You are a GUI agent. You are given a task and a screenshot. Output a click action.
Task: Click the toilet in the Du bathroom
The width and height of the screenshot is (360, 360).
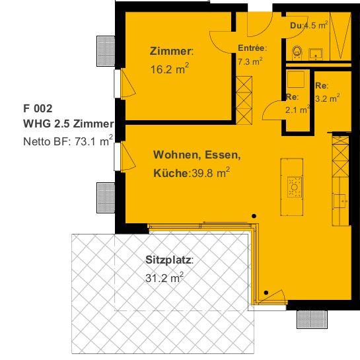[x=297, y=50]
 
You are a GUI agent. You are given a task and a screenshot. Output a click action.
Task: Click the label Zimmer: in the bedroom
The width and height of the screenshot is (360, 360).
[x=171, y=51]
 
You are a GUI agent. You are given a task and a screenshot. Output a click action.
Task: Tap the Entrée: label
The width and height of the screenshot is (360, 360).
[x=252, y=48]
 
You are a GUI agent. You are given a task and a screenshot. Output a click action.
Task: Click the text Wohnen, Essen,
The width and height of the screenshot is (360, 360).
[x=197, y=155]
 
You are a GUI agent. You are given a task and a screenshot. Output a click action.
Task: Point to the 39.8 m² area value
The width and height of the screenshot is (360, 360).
[x=209, y=173]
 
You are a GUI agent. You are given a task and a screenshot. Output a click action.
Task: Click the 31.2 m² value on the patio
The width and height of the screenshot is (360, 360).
[x=164, y=278]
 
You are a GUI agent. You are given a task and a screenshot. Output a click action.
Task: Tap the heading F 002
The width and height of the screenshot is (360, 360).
[x=37, y=108]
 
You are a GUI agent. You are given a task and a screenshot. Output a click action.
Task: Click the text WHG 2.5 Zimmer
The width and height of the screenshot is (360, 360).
[x=68, y=124]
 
